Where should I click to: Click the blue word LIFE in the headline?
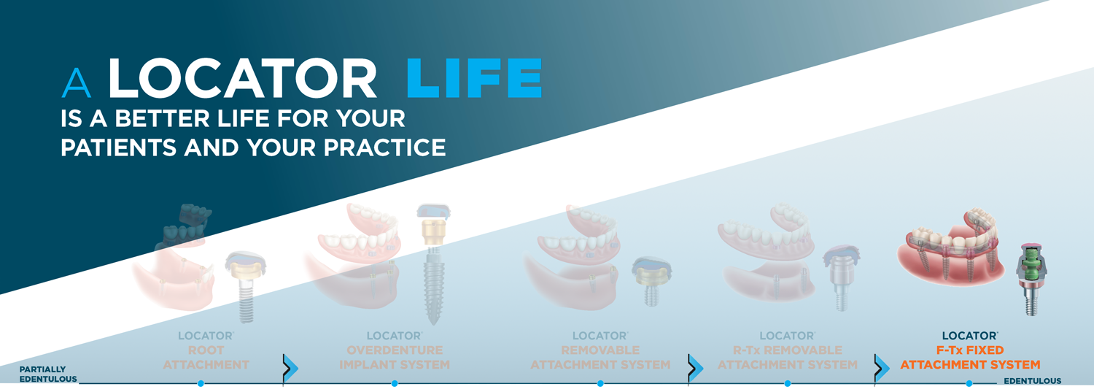pyautogui.click(x=474, y=77)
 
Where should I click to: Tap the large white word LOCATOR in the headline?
pyautogui.click(x=241, y=77)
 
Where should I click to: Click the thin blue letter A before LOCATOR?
pyautogui.click(x=76, y=82)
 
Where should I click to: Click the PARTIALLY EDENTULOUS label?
pyautogui.click(x=48, y=374)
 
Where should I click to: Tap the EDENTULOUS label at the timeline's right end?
pyautogui.click(x=1033, y=381)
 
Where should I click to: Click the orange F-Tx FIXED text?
pyautogui.click(x=970, y=350)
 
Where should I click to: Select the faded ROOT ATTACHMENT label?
pyautogui.click(x=206, y=357)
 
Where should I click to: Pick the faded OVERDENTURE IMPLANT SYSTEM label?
pyautogui.click(x=395, y=357)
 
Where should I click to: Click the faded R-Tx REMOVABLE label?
pyautogui.click(x=787, y=350)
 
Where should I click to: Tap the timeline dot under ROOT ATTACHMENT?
pyautogui.click(x=201, y=384)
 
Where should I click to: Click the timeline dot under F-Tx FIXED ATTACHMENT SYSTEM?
pyautogui.click(x=969, y=384)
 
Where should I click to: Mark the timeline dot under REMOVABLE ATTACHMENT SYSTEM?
pyautogui.click(x=600, y=384)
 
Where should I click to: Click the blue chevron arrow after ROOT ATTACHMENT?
pyautogui.click(x=290, y=368)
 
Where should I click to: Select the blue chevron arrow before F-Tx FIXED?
pyautogui.click(x=882, y=368)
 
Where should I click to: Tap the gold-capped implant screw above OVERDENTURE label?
pyautogui.click(x=432, y=264)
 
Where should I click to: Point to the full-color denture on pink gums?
pyautogui.click(x=950, y=249)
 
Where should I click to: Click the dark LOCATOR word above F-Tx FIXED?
pyautogui.click(x=970, y=336)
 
